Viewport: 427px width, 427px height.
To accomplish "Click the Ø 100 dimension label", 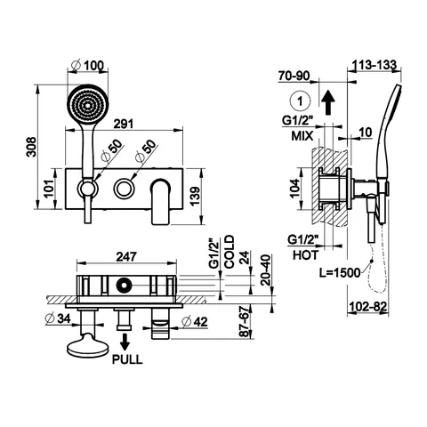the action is (88, 65).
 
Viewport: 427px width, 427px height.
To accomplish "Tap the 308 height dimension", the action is (31, 147).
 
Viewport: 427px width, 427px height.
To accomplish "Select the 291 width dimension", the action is (124, 124).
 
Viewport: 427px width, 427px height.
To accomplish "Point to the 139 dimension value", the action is (195, 196).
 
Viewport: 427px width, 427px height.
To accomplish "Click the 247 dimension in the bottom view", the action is (126, 257).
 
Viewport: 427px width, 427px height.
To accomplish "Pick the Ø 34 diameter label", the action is (58, 318).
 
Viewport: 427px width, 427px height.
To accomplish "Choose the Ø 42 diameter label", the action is (195, 322).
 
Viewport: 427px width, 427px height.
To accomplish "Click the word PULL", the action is (127, 359).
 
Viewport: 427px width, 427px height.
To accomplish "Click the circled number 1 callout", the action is (300, 101).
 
